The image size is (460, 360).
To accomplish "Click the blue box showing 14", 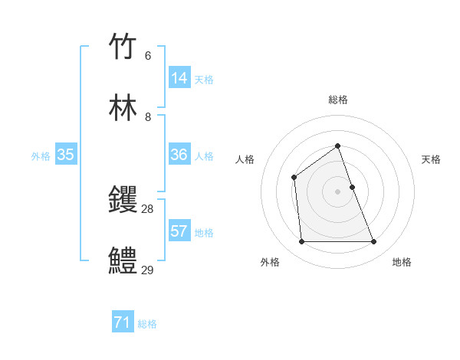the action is (179, 78).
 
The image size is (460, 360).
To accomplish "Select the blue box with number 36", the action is (179, 155).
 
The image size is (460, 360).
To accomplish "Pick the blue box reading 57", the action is (179, 231).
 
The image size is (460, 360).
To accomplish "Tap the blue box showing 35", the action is (66, 155).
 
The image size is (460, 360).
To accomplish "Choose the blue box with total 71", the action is (123, 322).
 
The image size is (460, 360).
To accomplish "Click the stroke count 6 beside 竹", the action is (148, 56).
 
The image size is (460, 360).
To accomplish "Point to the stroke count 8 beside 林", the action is (148, 117).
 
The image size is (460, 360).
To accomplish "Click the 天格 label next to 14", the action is (204, 80).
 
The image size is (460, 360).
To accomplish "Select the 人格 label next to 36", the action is (204, 156).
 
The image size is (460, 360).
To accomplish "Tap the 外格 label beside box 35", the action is (41, 156).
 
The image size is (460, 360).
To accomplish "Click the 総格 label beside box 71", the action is (147, 324).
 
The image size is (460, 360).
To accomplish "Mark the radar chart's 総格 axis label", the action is (337, 100).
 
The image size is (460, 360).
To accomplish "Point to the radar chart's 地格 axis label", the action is (402, 262).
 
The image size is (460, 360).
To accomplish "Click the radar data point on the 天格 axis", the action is (353, 186).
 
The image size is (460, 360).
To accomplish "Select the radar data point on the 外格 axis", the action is (301, 242).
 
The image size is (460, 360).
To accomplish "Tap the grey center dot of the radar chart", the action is (337, 191).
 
